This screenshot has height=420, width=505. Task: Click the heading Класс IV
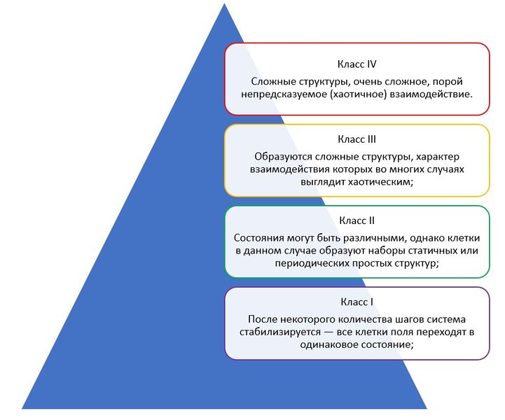point(357,64)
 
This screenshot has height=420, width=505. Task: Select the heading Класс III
point(357,139)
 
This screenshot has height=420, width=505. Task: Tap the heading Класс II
point(357,220)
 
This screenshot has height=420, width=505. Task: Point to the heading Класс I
point(357,302)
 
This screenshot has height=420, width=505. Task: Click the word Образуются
point(283,157)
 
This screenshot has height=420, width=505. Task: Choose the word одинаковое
point(328,344)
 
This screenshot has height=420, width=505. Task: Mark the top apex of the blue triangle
point(224,3)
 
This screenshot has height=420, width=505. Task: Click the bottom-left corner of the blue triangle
point(22,409)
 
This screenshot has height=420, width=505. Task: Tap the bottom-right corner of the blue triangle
point(427,409)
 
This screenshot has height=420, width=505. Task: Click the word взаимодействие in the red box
point(431,94)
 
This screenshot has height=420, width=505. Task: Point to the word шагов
point(405,319)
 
